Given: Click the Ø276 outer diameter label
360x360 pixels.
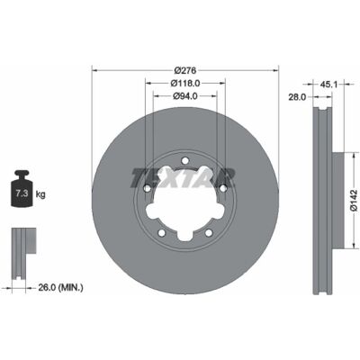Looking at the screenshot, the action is [185, 70].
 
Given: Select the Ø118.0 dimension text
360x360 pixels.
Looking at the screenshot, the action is [185, 83].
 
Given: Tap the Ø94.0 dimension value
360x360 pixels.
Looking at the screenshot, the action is [185, 96].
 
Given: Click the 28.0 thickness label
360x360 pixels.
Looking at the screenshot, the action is [297, 97].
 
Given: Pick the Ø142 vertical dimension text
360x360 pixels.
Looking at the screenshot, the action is [354, 201].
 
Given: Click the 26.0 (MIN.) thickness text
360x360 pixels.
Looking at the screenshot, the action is [60, 288].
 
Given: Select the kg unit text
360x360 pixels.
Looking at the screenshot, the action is [40, 194].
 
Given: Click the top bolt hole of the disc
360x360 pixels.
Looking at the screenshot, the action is [185, 159].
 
